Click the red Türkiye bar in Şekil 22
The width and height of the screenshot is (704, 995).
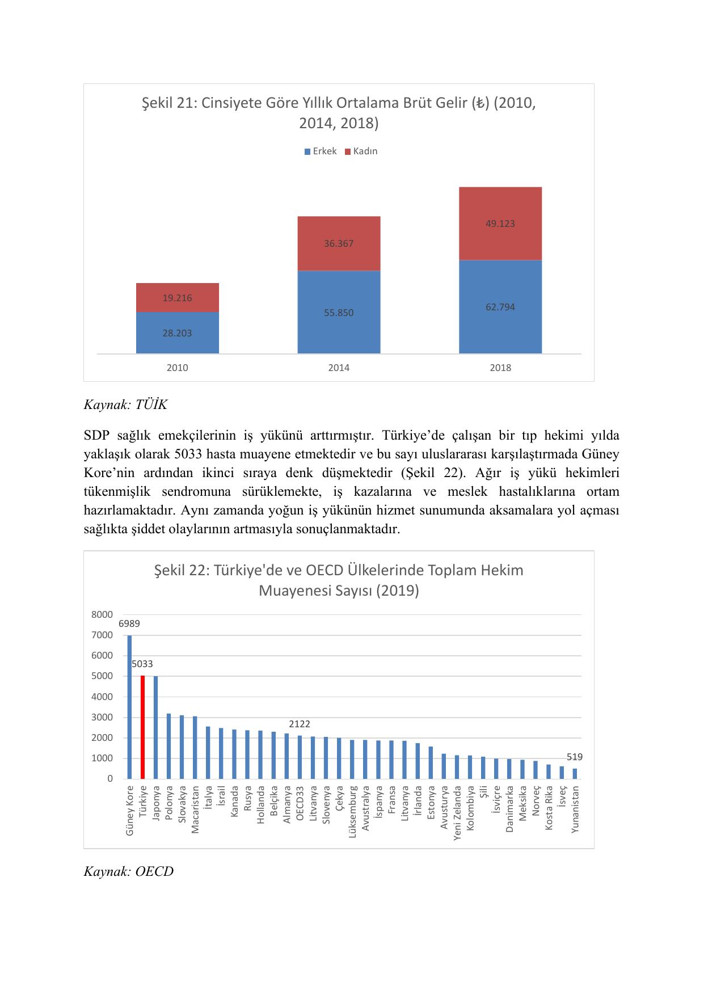(142, 727)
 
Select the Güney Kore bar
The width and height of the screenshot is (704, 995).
(129, 706)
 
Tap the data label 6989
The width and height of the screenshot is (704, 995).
(129, 623)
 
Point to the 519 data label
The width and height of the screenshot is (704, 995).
(575, 757)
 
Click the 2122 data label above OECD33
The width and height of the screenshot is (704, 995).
(300, 724)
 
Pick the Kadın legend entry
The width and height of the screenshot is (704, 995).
(361, 151)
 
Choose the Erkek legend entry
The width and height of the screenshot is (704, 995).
(321, 151)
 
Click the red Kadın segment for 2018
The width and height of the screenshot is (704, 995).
(500, 224)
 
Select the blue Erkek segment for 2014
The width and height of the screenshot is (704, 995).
(339, 312)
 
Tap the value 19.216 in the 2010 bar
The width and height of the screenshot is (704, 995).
(177, 298)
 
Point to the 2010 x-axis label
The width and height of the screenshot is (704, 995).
(177, 368)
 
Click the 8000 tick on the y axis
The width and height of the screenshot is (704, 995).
(102, 614)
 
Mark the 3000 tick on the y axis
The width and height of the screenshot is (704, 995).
(102, 717)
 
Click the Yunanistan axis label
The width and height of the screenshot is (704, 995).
(575, 809)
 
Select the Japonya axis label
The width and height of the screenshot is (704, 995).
(156, 803)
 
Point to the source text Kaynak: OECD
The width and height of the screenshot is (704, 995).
(128, 871)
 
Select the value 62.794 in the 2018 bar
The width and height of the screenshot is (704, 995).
(500, 307)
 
